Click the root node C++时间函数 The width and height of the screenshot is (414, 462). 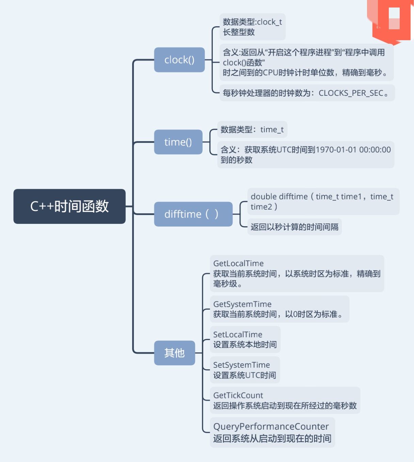coord(69,206)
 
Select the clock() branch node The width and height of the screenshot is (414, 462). coord(179,60)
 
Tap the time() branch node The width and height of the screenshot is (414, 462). coord(178,142)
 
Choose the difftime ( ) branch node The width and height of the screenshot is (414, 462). coord(193,214)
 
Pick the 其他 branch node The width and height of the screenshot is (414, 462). coord(174,353)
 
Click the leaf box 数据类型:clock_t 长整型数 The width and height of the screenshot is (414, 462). coord(252,27)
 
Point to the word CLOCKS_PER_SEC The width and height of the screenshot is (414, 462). coord(351,93)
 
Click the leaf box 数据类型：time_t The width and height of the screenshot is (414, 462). coord(252,129)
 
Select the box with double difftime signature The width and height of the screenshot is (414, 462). coord(322,201)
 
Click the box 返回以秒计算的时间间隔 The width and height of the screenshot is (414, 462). coord(294,227)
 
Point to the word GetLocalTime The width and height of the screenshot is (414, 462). coord(238,263)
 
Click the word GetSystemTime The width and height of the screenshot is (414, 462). coord(242,304)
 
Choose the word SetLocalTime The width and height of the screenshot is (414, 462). coord(238,335)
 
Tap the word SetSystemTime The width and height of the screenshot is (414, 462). coord(241,365)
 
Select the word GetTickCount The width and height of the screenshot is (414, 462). coord(238,395)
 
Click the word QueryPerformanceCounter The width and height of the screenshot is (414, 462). coord(271,427)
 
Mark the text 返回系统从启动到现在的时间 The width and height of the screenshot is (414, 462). coord(272,438)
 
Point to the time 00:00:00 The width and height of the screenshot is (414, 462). coord(375,150)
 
